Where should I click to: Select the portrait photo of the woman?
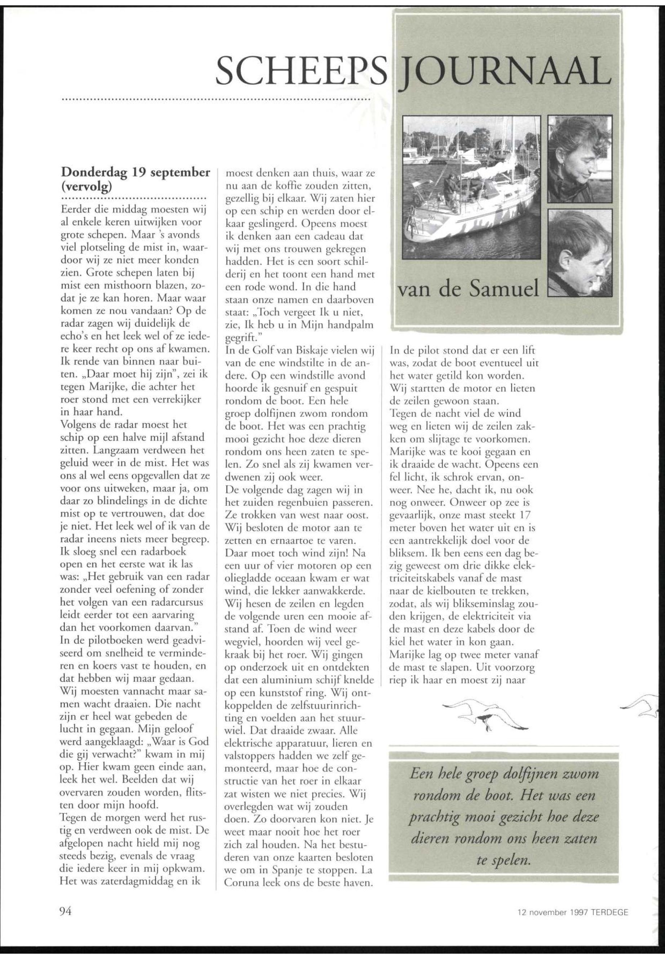[580, 159]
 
